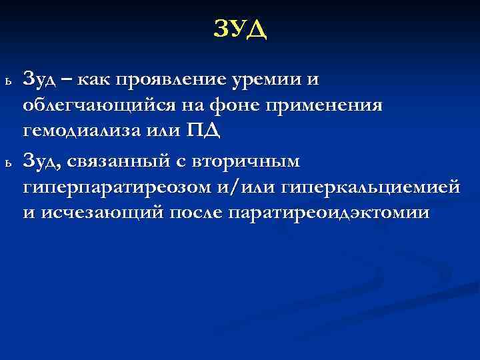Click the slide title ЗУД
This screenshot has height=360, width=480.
(x=240, y=29)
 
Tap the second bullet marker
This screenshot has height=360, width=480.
(x=7, y=162)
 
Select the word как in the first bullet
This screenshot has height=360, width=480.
(x=93, y=81)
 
